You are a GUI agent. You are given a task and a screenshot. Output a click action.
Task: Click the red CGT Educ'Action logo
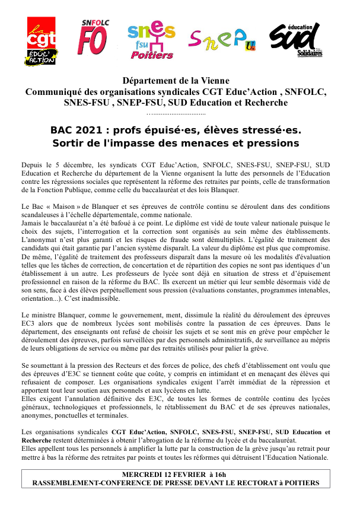click(42, 40)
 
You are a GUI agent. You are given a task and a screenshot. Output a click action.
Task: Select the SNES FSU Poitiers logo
click(152, 41)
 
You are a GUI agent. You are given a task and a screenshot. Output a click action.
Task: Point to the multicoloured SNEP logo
click(222, 39)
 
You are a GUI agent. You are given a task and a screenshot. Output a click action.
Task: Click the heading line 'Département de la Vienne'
click(176, 81)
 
